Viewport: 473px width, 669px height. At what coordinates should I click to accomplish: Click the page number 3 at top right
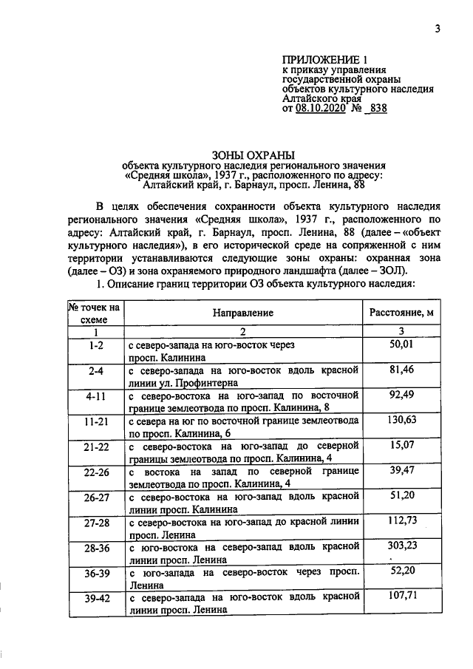pyautogui.click(x=438, y=29)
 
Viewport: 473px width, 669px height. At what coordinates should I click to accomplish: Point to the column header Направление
pyautogui.click(x=243, y=313)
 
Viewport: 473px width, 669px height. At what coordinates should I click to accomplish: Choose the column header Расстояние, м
pyautogui.click(x=401, y=313)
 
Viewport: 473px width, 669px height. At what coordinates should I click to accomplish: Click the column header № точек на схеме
pyautogui.click(x=95, y=313)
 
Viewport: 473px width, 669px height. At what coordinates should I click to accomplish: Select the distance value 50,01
pyautogui.click(x=401, y=344)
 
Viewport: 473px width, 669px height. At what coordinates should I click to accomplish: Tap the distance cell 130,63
pyautogui.click(x=401, y=420)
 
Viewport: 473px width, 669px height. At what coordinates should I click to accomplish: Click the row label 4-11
pyautogui.click(x=95, y=395)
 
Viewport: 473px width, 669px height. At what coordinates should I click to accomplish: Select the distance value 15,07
pyautogui.click(x=401, y=445)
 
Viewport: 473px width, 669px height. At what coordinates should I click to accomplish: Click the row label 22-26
pyautogui.click(x=95, y=471)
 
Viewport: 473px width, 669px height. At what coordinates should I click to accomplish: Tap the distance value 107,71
pyautogui.click(x=401, y=596)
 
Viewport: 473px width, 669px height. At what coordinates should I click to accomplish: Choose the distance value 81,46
pyautogui.click(x=401, y=370)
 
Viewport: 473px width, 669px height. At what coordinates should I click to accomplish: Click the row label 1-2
pyautogui.click(x=95, y=345)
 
